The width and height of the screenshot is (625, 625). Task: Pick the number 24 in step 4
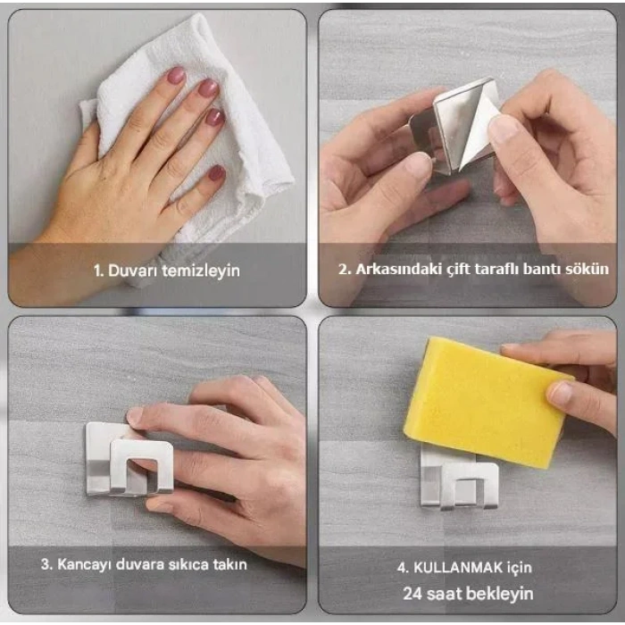pyautogui.click(x=412, y=593)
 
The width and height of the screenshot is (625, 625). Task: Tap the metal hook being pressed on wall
pyautogui.click(x=125, y=460)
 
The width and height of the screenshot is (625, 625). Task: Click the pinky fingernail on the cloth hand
pyautogui.click(x=216, y=173)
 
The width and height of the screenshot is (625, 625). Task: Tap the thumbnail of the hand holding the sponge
pyautogui.click(x=560, y=393)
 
